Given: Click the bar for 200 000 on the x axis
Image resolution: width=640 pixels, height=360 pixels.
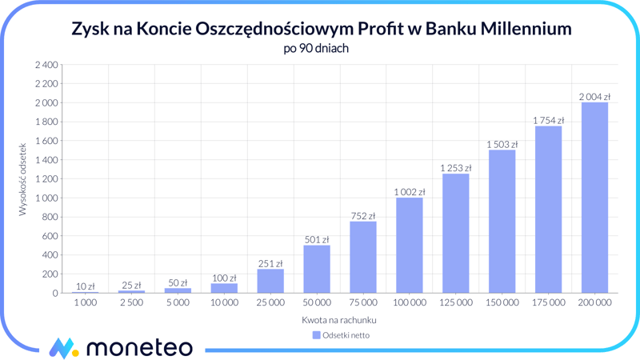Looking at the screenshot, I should pos(594,198).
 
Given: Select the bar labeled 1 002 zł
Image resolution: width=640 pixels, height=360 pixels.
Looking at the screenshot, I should pos(410,245).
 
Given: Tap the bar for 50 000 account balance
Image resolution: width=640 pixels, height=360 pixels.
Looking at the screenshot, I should pos(317,269).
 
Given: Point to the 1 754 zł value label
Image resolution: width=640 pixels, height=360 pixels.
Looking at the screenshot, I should pos(548,121).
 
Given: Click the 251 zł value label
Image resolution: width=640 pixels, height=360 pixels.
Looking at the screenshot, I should pos(270,263).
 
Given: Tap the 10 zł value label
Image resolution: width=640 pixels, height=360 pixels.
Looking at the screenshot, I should pos(86,286).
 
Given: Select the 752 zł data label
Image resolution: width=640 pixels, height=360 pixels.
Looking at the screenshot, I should pos(363,216).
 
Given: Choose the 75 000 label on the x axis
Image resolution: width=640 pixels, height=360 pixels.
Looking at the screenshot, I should pos(363,303).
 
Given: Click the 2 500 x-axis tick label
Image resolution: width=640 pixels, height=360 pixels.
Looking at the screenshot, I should pos(132,303).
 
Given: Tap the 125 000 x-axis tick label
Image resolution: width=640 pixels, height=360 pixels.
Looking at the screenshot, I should pos(455,303).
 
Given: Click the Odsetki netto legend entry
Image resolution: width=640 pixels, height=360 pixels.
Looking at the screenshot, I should pos(341,335).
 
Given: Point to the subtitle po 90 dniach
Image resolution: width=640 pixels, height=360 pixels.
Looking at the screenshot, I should pos(316,48).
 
